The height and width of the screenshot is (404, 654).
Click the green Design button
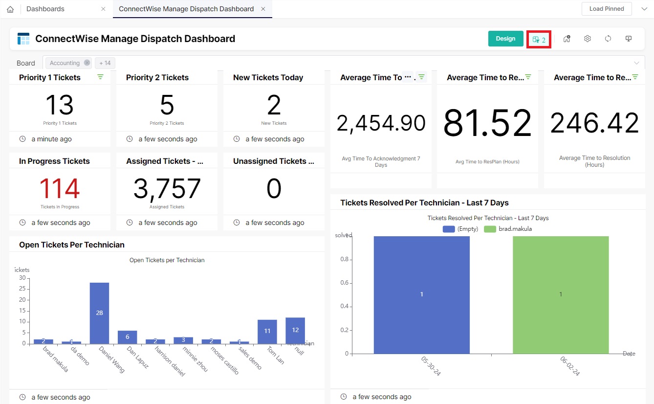coord(505,39)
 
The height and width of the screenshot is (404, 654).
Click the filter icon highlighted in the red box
coord(539,40)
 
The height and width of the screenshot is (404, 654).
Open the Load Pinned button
coord(606,9)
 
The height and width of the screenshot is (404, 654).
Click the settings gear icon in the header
coord(588,39)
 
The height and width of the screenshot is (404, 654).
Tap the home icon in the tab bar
coord(10,9)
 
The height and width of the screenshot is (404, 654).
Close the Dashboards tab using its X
coord(103,9)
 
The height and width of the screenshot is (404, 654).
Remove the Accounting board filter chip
coord(87,63)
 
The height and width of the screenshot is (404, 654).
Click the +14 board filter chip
coord(105,63)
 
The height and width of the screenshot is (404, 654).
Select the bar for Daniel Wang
coord(99,313)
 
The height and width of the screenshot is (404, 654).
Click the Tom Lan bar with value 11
coord(267,332)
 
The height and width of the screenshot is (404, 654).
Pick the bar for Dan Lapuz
coord(128,337)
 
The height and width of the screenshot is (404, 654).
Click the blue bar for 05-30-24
coord(421,294)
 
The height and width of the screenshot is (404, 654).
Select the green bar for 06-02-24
coord(561,294)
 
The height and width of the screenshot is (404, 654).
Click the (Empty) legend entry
coord(460,229)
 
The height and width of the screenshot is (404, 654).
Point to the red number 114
coord(60,189)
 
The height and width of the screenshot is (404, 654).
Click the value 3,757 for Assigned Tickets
coord(167,189)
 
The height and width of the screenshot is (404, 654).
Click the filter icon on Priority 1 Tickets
coord(100,77)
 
